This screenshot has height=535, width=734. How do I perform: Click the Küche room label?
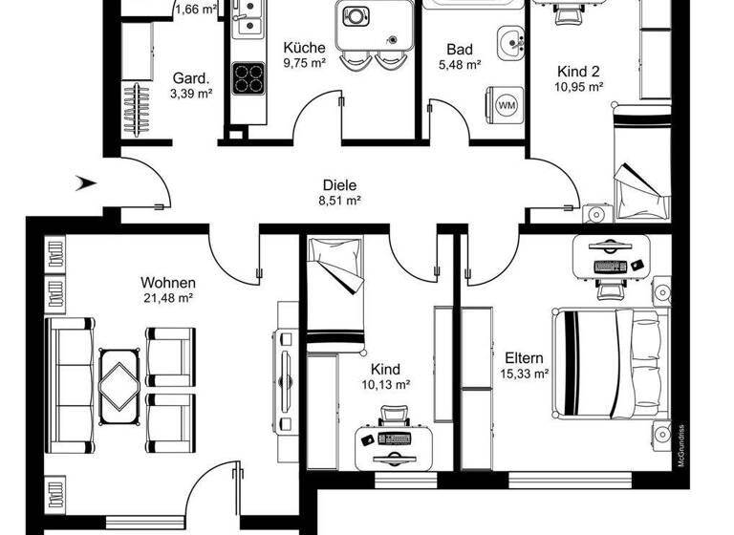(x=305, y=48)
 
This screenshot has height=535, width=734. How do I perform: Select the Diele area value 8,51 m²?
(x=338, y=201)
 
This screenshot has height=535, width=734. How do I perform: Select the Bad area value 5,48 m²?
(x=459, y=65)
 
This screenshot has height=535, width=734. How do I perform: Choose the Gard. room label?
(x=190, y=78)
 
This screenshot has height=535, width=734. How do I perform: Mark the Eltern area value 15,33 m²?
(x=526, y=374)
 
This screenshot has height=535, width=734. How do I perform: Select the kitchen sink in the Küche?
(x=247, y=21)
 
